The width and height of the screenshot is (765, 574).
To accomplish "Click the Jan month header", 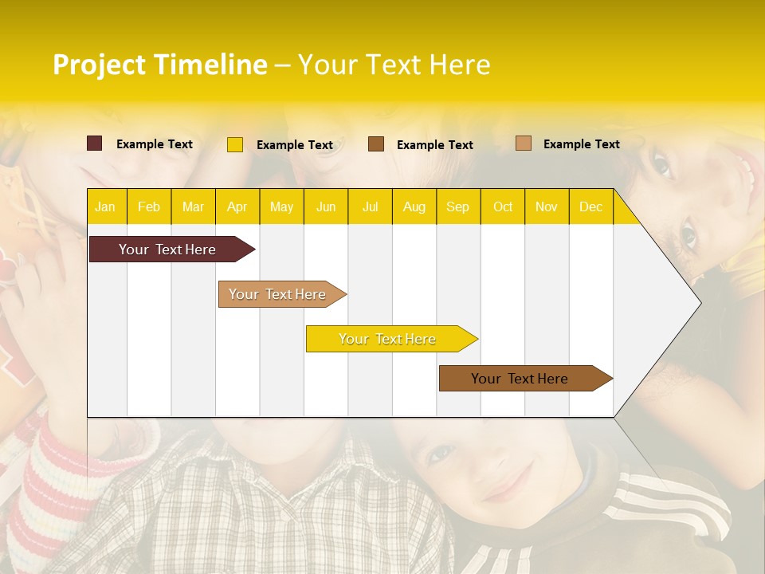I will point(106,206).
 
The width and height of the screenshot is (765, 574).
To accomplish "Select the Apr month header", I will point(237,206).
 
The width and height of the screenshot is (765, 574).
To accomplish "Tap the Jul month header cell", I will point(370,206).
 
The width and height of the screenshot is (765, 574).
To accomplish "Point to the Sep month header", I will point(457,206).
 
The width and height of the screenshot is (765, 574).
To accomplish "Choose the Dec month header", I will point(590,206).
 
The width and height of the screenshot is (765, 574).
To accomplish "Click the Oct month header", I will point(502,206).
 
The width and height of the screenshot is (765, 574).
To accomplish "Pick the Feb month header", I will point(149,206).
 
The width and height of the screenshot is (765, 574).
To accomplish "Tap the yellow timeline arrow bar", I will point(388,339).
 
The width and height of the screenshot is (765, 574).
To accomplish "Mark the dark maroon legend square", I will point(95,143).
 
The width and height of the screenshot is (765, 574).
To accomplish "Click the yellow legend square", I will point(235,144).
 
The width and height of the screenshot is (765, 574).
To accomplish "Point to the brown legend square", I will point(376,143).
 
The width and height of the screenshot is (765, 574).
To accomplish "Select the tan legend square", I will point(524,143).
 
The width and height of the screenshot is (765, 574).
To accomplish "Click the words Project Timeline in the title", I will point(159,65).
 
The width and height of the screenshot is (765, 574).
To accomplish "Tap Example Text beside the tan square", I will point(581,144).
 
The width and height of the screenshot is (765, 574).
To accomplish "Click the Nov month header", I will point(547,206).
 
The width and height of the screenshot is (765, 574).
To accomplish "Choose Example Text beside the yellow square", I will point(294,145).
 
